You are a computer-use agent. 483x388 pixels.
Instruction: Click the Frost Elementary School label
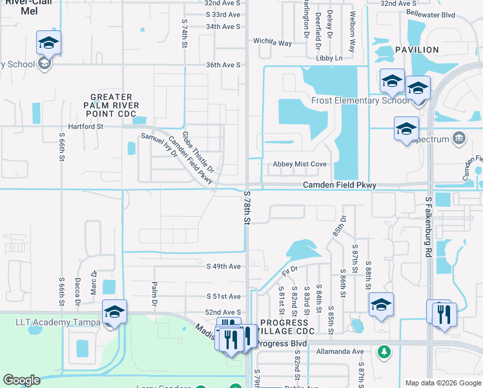coord(360,100)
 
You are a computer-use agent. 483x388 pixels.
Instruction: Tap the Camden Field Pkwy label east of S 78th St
coord(340,186)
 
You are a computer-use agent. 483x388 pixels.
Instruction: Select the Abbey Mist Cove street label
coord(299,164)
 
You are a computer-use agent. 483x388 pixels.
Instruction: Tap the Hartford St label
coord(86,127)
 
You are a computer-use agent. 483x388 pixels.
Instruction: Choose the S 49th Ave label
coord(223,266)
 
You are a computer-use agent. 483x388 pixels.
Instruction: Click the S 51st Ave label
coord(223,296)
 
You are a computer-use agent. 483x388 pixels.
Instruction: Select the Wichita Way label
coord(272,43)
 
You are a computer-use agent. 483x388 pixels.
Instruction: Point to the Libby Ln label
coord(329,58)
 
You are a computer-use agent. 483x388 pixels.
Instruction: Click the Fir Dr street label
coord(289,269)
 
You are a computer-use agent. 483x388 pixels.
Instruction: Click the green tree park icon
coord(384,352)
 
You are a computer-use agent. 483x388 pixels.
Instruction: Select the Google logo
coord(21,380)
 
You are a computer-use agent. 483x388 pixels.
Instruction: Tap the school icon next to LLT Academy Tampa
coord(114,312)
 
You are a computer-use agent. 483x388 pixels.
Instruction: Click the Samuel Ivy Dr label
coord(159,144)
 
